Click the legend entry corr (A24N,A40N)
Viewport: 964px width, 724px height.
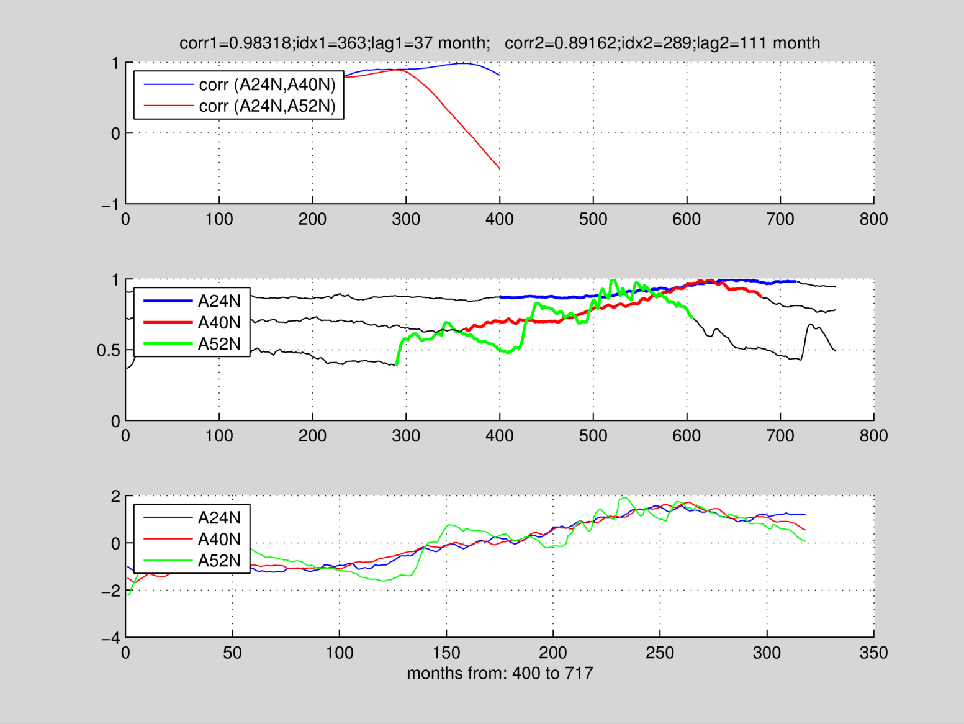[267, 84]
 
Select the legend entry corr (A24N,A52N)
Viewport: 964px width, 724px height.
[267, 106]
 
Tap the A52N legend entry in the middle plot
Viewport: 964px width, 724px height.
[219, 344]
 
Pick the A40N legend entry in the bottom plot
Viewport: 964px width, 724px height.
[219, 539]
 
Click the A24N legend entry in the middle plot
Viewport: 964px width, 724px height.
[219, 301]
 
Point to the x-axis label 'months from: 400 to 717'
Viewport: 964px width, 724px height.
[500, 673]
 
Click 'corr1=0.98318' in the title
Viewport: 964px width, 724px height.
[235, 43]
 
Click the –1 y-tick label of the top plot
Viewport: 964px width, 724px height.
[110, 204]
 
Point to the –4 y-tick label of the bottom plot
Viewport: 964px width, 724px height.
[110, 638]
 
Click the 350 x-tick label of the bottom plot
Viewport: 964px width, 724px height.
[873, 653]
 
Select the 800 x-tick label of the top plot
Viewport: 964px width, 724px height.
[873, 219]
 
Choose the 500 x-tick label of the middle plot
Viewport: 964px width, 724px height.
[593, 436]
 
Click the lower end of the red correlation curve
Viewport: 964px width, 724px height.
[500, 169]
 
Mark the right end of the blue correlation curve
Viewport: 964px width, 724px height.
[500, 75]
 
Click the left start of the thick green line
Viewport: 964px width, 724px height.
[397, 364]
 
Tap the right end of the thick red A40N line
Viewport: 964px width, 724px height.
[761, 297]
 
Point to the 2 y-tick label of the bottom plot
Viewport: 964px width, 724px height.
[115, 496]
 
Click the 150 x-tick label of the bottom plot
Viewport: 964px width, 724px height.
[446, 653]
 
